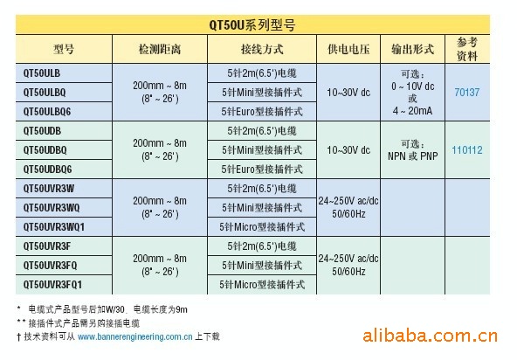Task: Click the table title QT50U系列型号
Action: coord(252,25)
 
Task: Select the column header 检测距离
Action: coord(160,50)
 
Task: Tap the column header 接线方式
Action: coord(262,50)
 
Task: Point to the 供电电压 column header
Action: coord(348,50)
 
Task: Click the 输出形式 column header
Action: coord(412,50)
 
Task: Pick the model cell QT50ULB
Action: coord(42,73)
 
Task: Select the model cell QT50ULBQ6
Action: coord(47,112)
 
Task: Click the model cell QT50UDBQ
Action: coord(45,150)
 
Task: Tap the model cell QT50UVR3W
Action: coord(49,189)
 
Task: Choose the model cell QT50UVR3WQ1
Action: coord(54,227)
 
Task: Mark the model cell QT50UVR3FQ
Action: coord(50,266)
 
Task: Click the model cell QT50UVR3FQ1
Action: coord(52,285)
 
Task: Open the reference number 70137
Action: coord(467,92)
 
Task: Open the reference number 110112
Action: coord(467,150)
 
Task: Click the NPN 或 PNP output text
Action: coord(412,156)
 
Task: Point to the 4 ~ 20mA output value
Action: coord(412,111)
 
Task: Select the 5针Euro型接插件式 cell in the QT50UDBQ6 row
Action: coord(262,170)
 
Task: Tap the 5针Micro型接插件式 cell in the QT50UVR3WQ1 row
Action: coord(262,227)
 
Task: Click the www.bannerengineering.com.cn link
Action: coord(134,336)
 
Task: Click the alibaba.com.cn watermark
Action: coord(430,336)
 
